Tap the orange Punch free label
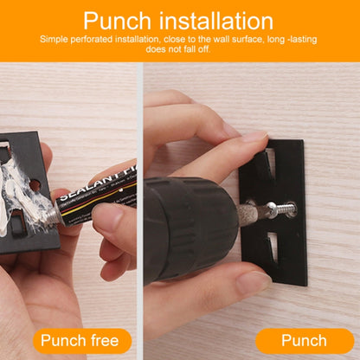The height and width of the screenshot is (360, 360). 82,340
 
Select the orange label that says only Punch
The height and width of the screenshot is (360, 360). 304,340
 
